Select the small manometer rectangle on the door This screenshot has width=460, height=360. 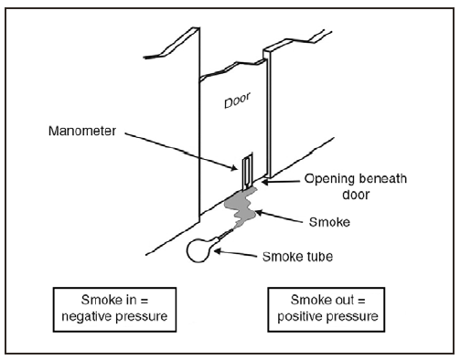pyautogui.click(x=247, y=171)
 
